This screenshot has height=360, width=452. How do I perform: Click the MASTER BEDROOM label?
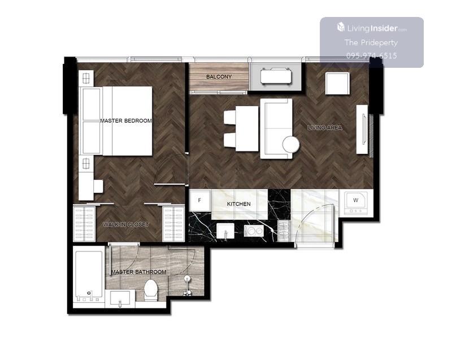(x=126, y=121)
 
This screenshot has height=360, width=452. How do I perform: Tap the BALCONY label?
(x=219, y=77)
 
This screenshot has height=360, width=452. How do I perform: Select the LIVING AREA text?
(x=324, y=127)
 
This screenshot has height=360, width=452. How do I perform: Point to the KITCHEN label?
(x=238, y=204)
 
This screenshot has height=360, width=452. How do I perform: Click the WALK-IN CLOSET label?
(x=126, y=224)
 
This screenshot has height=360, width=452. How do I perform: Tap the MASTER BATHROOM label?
(x=138, y=272)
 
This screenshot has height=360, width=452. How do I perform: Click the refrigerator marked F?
(x=199, y=200)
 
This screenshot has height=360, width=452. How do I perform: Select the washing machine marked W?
(x=356, y=203)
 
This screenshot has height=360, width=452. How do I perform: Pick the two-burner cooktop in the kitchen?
(x=254, y=231)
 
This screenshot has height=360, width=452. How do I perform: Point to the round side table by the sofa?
(x=291, y=145)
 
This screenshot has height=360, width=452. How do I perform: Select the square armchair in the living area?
(x=337, y=83)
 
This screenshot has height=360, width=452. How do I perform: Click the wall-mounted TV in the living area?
(x=364, y=129)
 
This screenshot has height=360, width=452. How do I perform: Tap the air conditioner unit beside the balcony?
(x=276, y=76)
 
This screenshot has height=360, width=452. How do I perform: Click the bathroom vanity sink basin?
(x=120, y=299)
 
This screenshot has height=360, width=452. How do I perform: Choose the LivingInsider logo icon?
(x=341, y=27)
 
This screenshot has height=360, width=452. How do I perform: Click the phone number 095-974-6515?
(x=372, y=55)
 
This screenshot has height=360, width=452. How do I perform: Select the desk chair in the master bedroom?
(x=98, y=186)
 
